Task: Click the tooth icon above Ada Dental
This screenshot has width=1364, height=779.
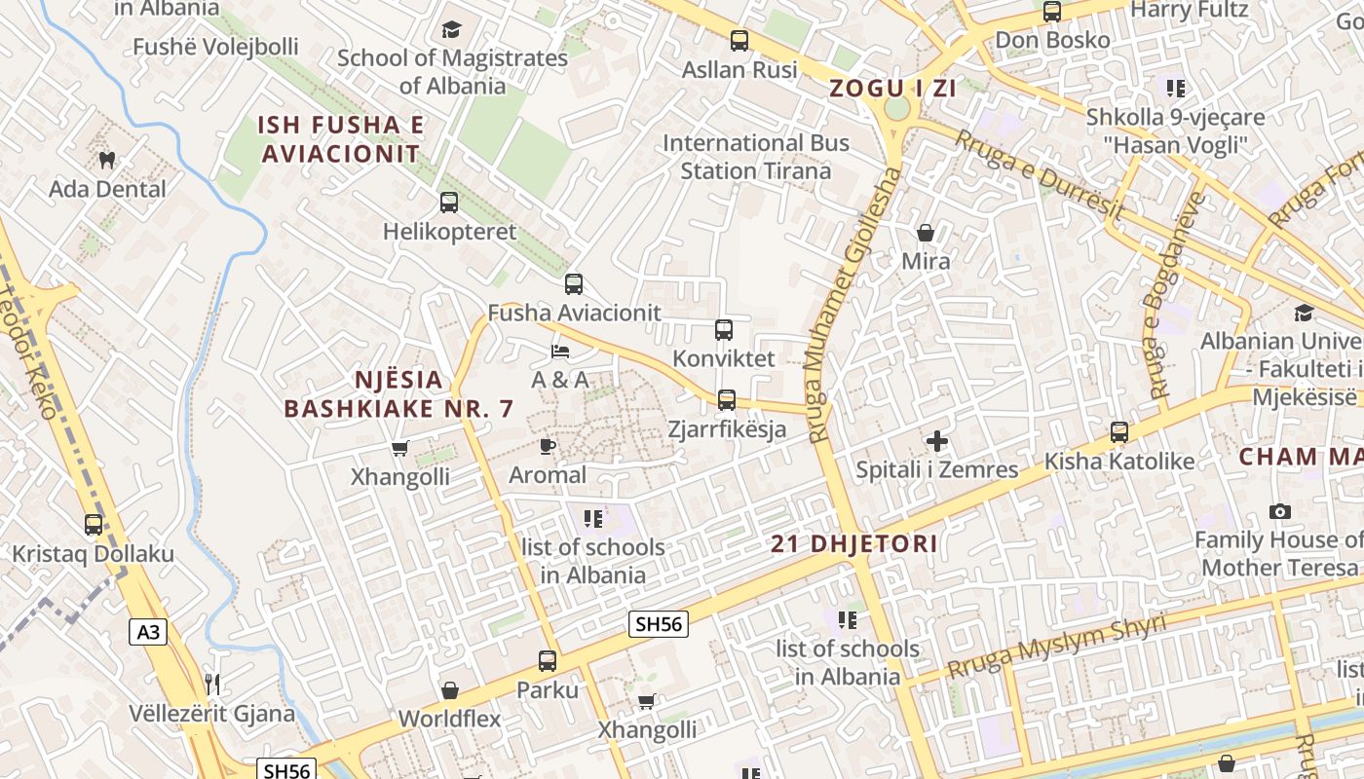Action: click(x=107, y=159)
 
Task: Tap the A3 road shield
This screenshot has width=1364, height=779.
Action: click(x=148, y=633)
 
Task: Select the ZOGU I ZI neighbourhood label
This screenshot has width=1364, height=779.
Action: click(x=892, y=89)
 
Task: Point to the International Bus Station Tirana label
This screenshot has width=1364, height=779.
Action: click(x=756, y=157)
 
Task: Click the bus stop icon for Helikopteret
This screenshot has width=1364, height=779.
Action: click(x=448, y=203)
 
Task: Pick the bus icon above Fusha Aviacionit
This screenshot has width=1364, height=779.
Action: click(x=574, y=284)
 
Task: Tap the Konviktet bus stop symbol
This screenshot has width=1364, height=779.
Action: click(x=724, y=330)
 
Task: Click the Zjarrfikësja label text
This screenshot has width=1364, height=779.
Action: click(x=727, y=428)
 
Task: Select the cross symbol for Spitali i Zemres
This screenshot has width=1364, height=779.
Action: click(x=936, y=441)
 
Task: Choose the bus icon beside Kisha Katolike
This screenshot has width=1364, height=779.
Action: click(x=1119, y=431)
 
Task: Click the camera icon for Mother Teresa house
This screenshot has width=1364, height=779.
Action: click(x=1280, y=511)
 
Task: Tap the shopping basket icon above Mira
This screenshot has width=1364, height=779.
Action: click(x=926, y=233)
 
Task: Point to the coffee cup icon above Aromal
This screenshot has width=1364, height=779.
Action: click(x=548, y=447)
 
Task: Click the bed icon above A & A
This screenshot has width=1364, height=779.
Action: click(x=560, y=351)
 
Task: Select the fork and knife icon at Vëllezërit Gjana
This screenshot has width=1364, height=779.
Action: click(x=212, y=684)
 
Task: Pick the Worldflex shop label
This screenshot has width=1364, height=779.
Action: click(x=449, y=720)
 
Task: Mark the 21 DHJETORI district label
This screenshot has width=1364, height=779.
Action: click(x=854, y=544)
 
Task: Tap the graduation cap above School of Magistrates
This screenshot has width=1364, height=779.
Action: click(x=451, y=29)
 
